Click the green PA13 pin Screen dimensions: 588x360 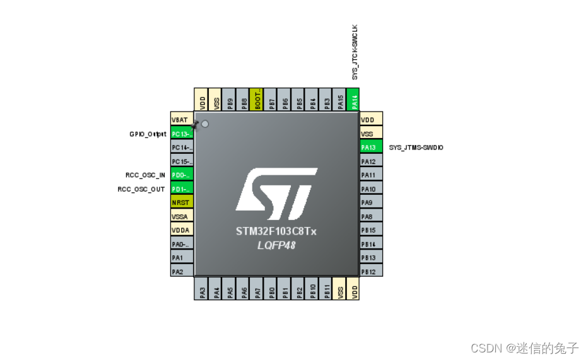click(371, 147)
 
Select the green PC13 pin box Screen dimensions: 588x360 click(182, 134)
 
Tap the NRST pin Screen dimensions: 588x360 click(182, 202)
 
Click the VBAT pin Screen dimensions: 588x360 click(182, 120)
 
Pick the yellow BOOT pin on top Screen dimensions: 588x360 click(257, 100)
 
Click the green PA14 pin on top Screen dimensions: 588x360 click(354, 100)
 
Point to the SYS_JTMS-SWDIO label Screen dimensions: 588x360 click(416, 147)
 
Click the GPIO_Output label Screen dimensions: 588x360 click(148, 134)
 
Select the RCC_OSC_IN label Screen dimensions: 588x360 click(145, 175)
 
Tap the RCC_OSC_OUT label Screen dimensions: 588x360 click(141, 189)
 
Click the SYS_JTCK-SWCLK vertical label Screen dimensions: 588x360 click(355, 52)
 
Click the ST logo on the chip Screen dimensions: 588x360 click(276, 190)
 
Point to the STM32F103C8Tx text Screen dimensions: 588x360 click(276, 231)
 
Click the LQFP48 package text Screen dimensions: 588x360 click(276, 245)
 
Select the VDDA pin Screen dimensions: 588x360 click(182, 230)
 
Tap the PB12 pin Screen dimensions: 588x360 click(371, 271)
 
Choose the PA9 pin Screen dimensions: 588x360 click(371, 202)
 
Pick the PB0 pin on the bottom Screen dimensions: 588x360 click(271, 291)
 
